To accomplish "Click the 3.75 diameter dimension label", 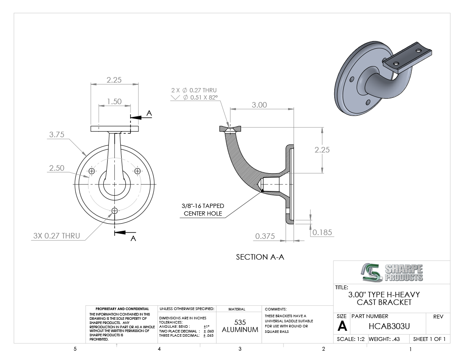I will point(56,135).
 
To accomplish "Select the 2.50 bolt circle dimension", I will point(56,168).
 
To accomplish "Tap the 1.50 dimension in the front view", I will point(114,102).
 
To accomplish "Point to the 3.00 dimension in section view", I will point(259,105).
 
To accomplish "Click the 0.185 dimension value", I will point(322,232).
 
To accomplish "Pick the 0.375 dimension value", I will point(265,236).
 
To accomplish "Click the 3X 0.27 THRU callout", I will point(56,236).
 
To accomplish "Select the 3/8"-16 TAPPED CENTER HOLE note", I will point(203,210).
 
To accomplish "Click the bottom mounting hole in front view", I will point(114,210).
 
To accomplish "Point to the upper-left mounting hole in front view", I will point(92,171).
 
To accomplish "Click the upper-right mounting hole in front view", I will point(137,171).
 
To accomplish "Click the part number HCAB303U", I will point(386,327).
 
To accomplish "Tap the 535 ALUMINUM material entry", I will point(240,326).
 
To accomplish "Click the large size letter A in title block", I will point(342,326).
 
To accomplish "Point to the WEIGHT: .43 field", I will point(384,339).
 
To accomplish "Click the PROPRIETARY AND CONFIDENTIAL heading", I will point(122,309).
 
